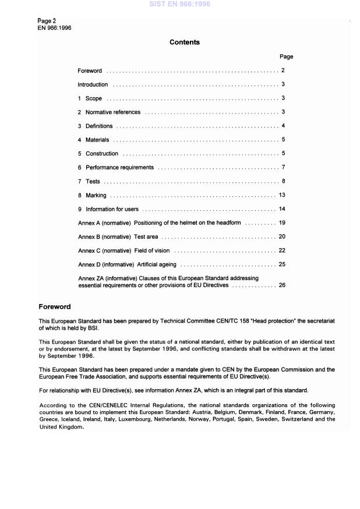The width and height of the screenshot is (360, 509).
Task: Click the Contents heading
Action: (x=184, y=43)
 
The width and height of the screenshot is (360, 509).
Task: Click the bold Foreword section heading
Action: (x=55, y=306)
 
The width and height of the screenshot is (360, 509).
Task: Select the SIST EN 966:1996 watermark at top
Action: (x=179, y=4)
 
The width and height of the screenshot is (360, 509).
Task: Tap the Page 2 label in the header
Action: (x=47, y=21)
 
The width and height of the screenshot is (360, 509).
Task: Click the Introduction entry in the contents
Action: (x=93, y=84)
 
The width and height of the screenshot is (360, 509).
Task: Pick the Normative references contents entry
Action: (x=112, y=112)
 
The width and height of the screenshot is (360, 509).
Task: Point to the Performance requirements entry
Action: (x=119, y=167)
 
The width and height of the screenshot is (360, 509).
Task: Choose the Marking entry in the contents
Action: (x=96, y=195)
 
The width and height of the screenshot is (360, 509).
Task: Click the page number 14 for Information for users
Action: (x=282, y=208)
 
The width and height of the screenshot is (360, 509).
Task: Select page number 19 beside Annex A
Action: (x=282, y=222)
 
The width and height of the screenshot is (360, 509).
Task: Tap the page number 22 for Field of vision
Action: (x=282, y=250)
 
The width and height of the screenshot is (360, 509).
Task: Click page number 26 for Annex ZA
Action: (x=282, y=285)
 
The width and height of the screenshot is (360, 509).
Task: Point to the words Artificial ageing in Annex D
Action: (x=157, y=264)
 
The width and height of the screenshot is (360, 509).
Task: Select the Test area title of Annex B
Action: (x=146, y=236)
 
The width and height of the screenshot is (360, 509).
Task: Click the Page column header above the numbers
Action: (x=286, y=56)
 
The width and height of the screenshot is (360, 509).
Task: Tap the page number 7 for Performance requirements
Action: (x=283, y=167)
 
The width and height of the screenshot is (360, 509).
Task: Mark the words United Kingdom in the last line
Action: (x=61, y=426)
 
